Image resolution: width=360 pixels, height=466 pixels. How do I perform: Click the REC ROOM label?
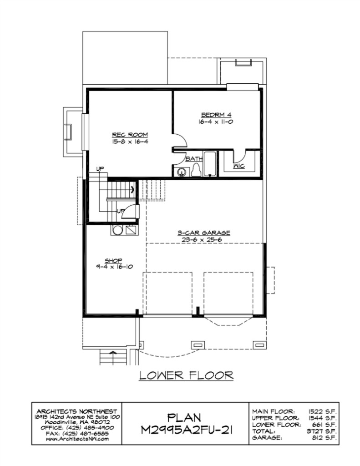click(130, 135)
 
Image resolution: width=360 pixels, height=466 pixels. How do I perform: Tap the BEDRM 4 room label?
click(216, 115)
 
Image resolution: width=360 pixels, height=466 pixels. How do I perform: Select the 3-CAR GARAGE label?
click(204, 233)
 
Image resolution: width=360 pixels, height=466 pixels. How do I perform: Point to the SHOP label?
click(113, 261)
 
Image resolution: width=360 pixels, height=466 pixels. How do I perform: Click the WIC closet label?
click(239, 166)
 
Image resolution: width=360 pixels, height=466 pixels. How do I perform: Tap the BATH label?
click(194, 159)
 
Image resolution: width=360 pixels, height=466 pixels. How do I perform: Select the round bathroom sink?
click(181, 172)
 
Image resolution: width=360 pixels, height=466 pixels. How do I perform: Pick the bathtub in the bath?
click(210, 164)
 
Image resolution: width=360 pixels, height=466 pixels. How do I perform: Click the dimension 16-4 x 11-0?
click(216, 122)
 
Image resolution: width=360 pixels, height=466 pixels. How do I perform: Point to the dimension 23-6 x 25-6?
click(204, 239)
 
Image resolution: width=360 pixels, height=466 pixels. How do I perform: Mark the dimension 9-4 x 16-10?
click(114, 267)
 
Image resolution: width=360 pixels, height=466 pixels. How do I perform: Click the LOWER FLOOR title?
click(187, 375)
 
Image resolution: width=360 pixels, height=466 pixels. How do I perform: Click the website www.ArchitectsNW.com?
click(77, 439)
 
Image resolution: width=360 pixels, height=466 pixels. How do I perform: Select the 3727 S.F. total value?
click(321, 431)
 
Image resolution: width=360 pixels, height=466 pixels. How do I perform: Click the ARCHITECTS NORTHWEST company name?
click(77, 411)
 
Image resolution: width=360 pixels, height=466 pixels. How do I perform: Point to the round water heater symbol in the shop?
click(117, 231)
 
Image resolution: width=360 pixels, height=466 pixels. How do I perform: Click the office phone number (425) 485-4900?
click(90, 428)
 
